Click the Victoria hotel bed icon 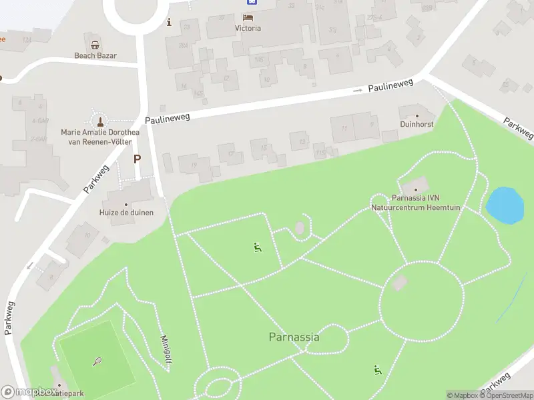[248, 17]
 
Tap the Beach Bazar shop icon [95, 45]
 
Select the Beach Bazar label [95, 56]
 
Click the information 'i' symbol [169, 22]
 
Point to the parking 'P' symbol [138, 159]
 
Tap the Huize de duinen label [127, 213]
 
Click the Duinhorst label [417, 124]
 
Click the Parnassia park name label [294, 337]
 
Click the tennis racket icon [97, 361]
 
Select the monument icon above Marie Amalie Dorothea [100, 121]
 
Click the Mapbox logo [29, 391]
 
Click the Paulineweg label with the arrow [391, 85]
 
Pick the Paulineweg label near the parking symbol [168, 117]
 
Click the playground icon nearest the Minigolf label [257, 247]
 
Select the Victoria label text [248, 29]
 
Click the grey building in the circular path [400, 283]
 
